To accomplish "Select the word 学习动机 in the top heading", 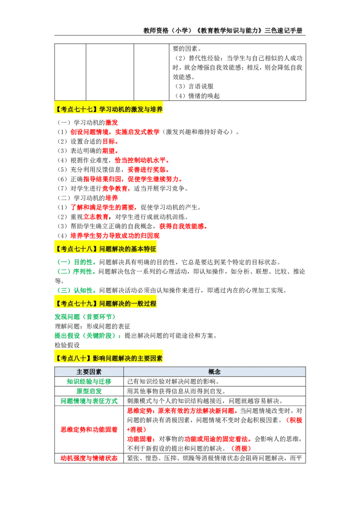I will click(x=111, y=109).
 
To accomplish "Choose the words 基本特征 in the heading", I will click(x=144, y=249).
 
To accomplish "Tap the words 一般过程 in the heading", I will click(x=144, y=304).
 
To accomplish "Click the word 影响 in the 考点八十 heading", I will click(x=99, y=358).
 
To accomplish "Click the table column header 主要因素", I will click(x=89, y=372).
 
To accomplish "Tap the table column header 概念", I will click(x=214, y=372).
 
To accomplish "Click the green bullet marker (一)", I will click(x=64, y=262).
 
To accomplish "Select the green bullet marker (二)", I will click(x=64, y=272).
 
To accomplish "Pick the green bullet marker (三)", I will click(x=64, y=289).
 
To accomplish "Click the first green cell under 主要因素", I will click(x=89, y=381).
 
